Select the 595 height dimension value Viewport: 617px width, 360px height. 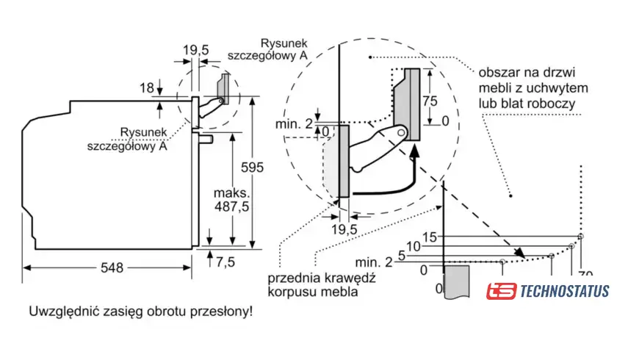252,168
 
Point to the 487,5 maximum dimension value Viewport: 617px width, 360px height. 231,206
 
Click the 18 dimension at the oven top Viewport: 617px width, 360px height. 146,88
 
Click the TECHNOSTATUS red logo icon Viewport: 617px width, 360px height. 499,292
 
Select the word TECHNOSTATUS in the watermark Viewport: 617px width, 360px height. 563,292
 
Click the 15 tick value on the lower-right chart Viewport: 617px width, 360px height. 430,237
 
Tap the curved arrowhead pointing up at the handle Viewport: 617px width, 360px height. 416,152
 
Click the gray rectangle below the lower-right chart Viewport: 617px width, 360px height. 457,281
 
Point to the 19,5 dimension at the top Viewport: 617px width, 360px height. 196,50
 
